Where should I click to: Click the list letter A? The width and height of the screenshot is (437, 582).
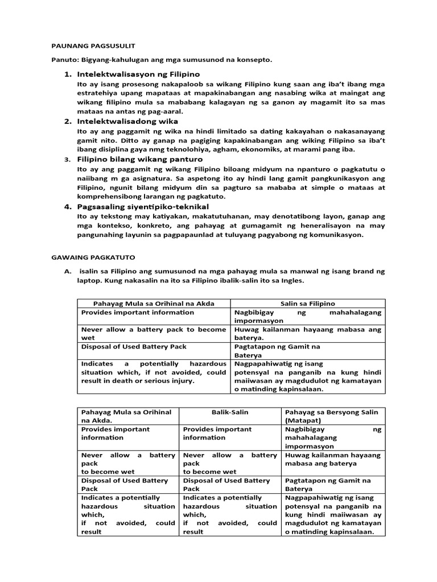pos(67,272)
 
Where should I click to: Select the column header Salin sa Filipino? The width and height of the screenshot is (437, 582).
pos(307,304)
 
